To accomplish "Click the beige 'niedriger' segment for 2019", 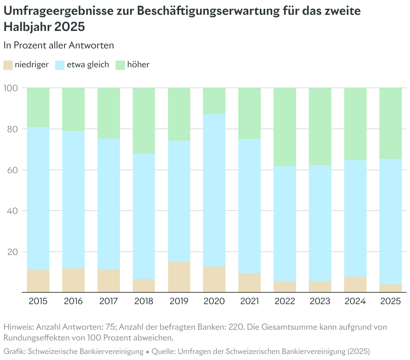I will tap(179, 277).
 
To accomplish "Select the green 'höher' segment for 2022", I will tap(285, 127).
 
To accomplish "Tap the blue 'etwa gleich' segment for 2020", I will tap(214, 190).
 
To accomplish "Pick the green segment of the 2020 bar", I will tap(214, 101).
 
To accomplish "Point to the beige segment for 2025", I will tap(391, 288).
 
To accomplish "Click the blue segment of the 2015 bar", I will tap(38, 199).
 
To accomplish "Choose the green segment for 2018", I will tap(144, 121).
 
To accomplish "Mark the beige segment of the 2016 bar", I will tap(74, 280).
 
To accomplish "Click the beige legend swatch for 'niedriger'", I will tap(8, 65).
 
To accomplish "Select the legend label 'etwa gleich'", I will tap(88, 65).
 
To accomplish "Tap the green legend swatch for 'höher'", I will tap(120, 65).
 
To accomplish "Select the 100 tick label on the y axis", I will tap(10, 88).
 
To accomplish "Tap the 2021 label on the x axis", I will tap(249, 301).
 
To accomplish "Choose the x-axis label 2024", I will tap(355, 301).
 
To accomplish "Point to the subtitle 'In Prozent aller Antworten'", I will tap(59, 45).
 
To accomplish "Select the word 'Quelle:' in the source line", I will tap(164, 352).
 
